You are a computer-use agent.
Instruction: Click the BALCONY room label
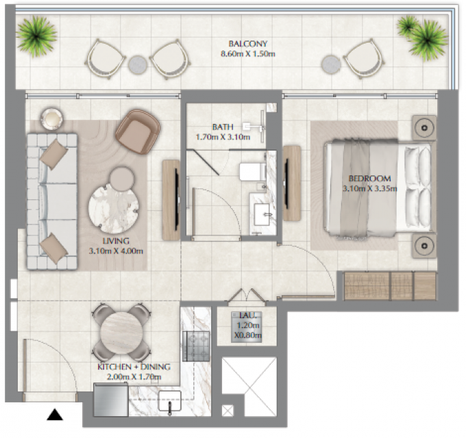coord(248,44)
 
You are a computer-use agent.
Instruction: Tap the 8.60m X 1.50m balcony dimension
coord(248,54)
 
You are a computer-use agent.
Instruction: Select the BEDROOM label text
coord(369,179)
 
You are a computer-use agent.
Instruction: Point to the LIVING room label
coord(116,241)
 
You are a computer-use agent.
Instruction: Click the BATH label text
coord(223,127)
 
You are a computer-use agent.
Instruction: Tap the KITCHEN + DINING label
coord(134,367)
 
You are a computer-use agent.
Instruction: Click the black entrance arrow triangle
coord(55,415)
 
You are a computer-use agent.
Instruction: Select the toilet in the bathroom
coord(253,172)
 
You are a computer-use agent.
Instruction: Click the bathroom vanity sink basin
coord(262,214)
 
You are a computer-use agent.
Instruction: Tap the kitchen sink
coord(170,401)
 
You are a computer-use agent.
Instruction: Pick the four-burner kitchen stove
coord(196,346)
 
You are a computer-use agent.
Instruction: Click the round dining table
coord(121,332)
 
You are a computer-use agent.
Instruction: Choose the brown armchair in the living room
coord(138,131)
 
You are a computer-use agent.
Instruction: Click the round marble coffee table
coord(114,208)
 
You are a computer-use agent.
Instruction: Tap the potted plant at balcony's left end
coord(36,36)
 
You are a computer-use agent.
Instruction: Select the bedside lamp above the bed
coord(424,127)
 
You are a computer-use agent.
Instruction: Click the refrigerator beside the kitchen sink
coord(111,400)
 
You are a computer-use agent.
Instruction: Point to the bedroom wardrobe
coord(390,285)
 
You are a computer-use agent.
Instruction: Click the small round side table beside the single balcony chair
coord(330,64)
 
